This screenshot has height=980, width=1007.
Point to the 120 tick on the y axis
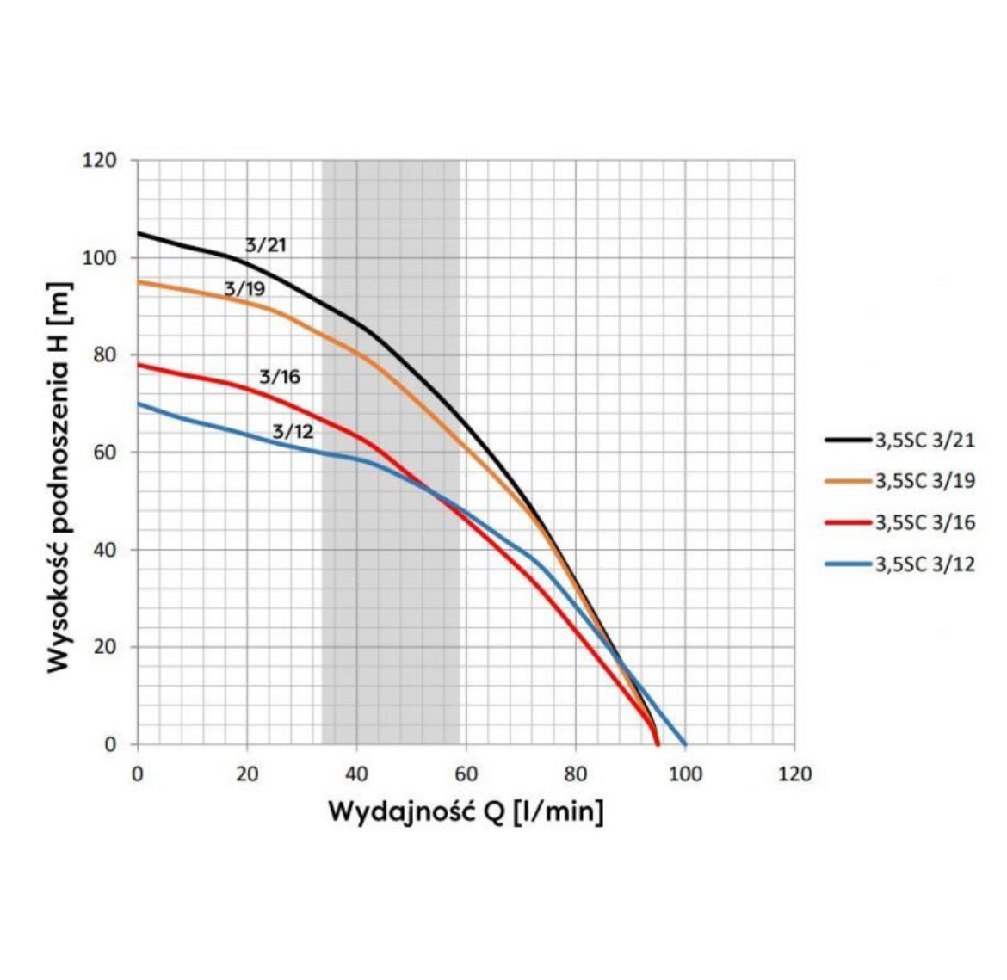tap(100, 161)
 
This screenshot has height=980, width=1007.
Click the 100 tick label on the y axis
tap(100, 258)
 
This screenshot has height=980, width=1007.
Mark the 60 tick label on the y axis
tap(104, 453)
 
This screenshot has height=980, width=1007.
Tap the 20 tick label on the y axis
tap(104, 647)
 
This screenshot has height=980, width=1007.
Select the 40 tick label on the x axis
tap(356, 774)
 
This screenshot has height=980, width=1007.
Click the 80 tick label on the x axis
tap(576, 774)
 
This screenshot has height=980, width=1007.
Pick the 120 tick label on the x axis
tap(794, 774)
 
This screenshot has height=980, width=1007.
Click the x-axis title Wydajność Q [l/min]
tap(466, 811)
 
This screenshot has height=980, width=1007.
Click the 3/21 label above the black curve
tap(265, 245)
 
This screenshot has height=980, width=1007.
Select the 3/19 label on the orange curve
tap(244, 289)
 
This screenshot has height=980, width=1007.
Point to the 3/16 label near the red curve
tap(280, 377)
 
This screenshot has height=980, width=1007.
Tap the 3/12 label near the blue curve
tap(293, 432)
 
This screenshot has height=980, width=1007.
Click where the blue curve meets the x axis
tap(685, 743)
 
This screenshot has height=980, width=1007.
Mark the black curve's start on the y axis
tap(139, 233)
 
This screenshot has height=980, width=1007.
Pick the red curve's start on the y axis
tap(139, 365)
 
